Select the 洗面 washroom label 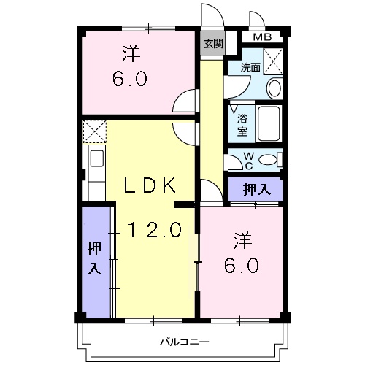(250, 67)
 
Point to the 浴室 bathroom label (242, 123)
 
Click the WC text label (248, 159)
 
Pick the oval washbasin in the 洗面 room (274, 88)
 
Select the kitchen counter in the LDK (95, 172)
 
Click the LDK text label (150, 185)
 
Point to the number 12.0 (155, 231)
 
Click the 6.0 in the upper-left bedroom (131, 78)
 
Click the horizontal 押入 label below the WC (256, 189)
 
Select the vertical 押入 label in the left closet (94, 258)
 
